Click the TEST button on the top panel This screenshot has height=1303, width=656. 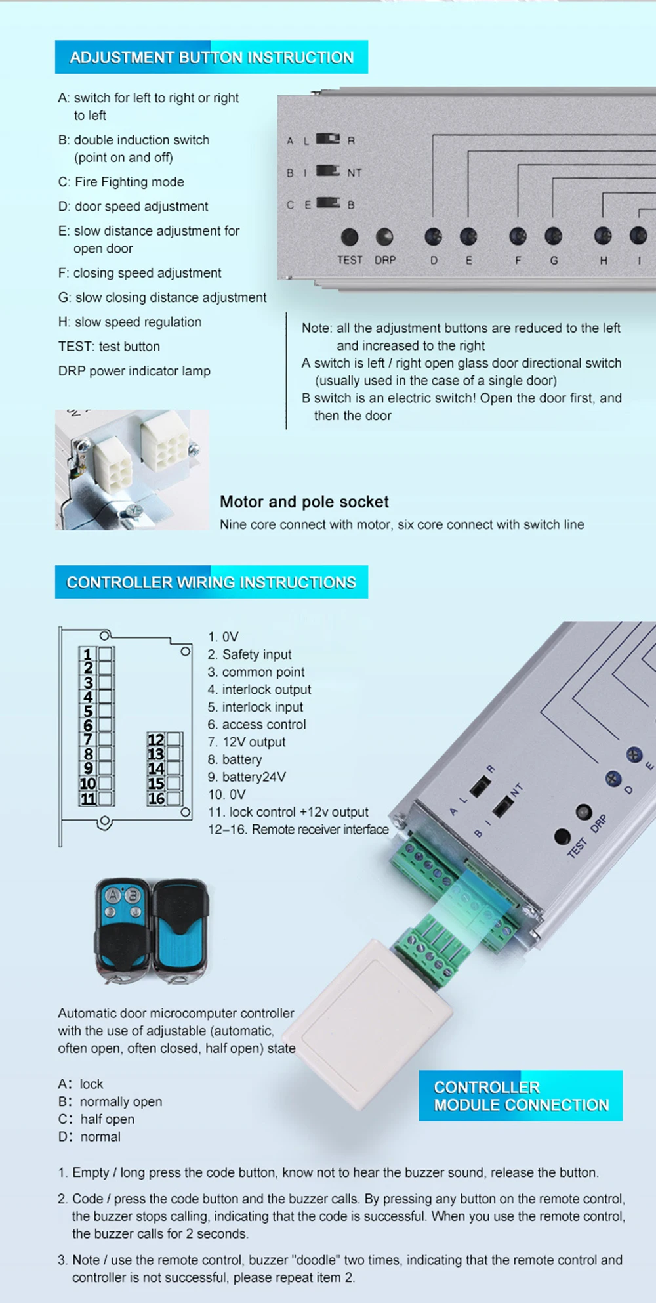tap(350, 236)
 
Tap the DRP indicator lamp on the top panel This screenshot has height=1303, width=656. tap(384, 236)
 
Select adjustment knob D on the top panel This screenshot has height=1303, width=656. tap(433, 236)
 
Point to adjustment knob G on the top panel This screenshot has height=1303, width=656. tap(553, 236)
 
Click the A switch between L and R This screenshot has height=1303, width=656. tap(328, 139)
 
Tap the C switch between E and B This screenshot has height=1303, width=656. tap(328, 203)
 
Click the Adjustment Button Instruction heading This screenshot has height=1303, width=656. tap(211, 57)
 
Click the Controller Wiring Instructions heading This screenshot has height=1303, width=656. tap(211, 582)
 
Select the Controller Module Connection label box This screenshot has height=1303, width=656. tap(521, 1096)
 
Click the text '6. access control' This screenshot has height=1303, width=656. tap(256, 725)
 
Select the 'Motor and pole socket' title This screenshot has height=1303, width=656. tap(304, 502)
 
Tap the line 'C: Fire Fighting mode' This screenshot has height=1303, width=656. tap(121, 182)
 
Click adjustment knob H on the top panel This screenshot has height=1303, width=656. tap(603, 236)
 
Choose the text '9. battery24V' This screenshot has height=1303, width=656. tap(247, 777)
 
